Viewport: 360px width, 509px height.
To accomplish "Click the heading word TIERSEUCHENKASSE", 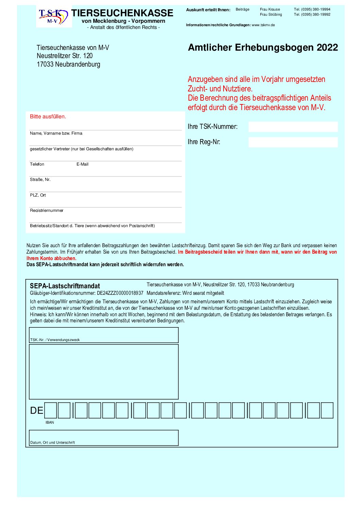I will click(122, 13).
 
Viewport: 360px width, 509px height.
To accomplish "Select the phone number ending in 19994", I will click(312, 10).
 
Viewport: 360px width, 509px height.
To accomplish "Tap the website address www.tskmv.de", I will click(263, 25).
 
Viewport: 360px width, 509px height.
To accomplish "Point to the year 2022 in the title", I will click(327, 48).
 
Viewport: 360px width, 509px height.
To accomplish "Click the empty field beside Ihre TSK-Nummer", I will click(293, 126).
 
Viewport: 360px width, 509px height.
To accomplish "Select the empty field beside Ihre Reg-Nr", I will click(293, 142).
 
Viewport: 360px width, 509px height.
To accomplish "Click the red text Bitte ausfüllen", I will click(48, 117).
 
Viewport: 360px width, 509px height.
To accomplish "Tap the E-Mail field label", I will click(82, 164).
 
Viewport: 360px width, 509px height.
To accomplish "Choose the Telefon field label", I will click(37, 164).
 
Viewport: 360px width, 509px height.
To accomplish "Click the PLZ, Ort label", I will click(38, 195).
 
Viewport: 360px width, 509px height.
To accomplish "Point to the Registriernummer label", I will click(47, 210).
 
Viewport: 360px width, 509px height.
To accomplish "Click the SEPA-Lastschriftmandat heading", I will click(65, 286).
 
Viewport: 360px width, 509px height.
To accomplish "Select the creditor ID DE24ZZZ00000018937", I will click(120, 293).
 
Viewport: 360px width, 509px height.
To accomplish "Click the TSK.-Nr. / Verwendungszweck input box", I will click(104, 335).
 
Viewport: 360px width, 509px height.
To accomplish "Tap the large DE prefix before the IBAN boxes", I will click(37, 411).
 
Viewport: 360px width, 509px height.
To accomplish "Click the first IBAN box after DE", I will click(51, 410).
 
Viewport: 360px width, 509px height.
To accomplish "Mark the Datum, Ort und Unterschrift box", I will click(104, 438).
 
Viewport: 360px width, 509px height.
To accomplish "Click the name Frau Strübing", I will click(271, 15).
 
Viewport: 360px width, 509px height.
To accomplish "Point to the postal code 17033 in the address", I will click(45, 64).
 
